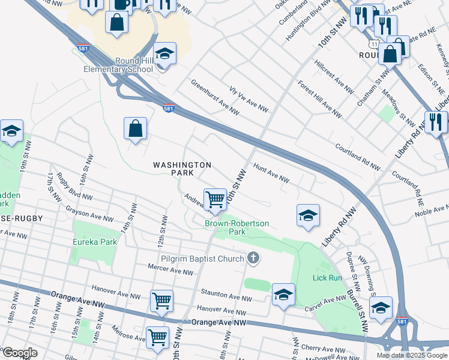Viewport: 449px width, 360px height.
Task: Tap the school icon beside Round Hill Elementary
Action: coord(164,55)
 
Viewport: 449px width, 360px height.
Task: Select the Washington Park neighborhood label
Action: coord(182,169)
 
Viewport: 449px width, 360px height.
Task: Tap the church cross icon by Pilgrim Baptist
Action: coord(253,259)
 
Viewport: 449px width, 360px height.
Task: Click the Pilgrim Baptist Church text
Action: coord(203,259)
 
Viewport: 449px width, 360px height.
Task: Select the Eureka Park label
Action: coord(94,242)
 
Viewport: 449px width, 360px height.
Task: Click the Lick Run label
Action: coord(327,278)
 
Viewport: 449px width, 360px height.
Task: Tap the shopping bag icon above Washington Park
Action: coord(136,128)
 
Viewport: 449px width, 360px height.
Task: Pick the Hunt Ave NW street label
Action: coord(271,174)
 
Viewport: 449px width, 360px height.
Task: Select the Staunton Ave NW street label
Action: coord(226,296)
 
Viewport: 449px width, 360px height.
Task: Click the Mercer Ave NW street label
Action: coord(172,269)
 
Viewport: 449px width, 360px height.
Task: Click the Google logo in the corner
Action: coord(20,353)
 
